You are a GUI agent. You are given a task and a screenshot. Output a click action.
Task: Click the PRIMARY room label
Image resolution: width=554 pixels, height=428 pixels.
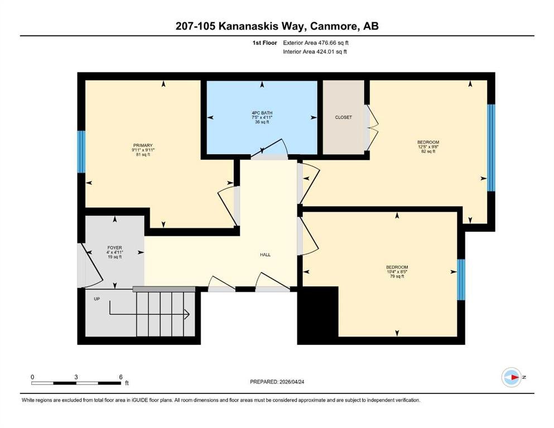tap(143, 145)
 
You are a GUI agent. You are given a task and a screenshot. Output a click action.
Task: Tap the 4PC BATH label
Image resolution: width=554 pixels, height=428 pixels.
tap(262, 113)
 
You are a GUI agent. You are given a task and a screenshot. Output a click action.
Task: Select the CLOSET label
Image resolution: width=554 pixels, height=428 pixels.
tap(344, 118)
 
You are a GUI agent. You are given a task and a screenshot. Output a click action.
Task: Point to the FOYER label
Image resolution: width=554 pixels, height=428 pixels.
tap(114, 248)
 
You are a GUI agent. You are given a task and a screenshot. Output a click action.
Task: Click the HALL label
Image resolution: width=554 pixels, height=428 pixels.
tap(266, 255)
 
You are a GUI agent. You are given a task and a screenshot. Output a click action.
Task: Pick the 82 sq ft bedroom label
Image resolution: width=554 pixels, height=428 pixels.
tap(428, 142)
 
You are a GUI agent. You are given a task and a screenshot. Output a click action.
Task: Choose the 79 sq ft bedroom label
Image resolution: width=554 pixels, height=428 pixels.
tap(397, 267)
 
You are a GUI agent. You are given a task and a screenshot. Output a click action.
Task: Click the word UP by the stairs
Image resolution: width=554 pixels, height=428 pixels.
tap(97, 299)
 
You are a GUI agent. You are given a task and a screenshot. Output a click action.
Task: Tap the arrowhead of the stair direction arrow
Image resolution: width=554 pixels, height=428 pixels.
tap(187, 314)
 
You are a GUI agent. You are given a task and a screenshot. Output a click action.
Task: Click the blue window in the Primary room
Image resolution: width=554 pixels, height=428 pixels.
tap(81, 152)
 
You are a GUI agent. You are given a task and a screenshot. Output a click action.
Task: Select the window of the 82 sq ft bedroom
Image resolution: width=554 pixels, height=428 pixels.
tap(491, 148)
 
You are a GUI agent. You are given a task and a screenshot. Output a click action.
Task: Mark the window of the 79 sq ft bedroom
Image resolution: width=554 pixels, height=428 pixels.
tap(461, 280)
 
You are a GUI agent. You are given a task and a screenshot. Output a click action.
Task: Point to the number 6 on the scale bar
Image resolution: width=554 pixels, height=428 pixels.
tap(121, 377)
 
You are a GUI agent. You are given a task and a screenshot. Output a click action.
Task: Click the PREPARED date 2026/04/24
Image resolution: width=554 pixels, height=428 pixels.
tap(291, 382)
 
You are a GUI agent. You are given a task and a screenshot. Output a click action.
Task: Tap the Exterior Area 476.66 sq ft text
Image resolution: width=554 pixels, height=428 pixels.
tap(316, 43)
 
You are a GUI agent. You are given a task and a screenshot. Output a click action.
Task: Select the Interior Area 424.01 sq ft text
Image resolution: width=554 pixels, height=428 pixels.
tap(315, 51)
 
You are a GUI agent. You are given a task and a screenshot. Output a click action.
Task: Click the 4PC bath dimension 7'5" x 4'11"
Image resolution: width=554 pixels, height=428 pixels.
tap(262, 118)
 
